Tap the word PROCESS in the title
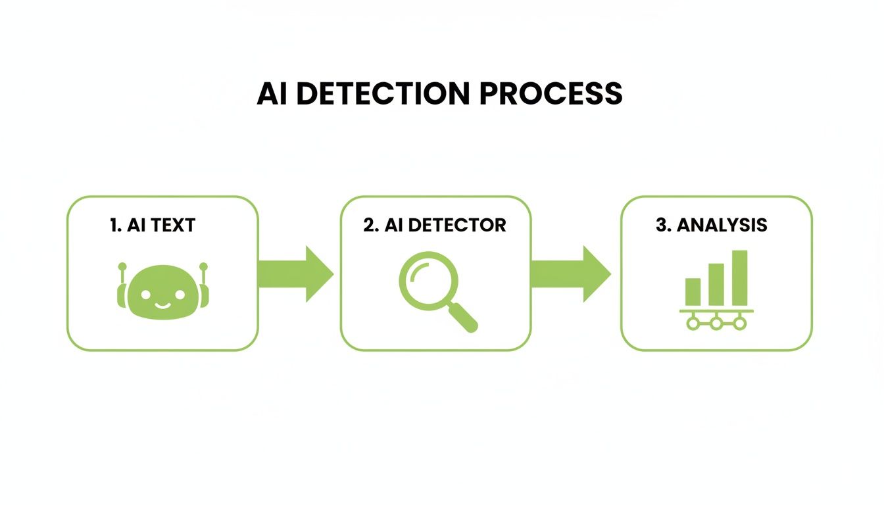551,93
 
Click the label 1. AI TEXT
153,225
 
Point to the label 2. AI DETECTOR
435,225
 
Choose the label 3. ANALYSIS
712,225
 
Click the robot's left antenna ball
122,267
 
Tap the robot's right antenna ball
203,267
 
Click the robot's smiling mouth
162,304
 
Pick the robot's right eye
178,293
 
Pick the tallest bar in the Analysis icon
740,277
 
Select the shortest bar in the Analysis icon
693,291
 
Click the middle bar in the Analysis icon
716,284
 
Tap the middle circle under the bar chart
716,323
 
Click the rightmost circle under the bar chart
740,323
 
